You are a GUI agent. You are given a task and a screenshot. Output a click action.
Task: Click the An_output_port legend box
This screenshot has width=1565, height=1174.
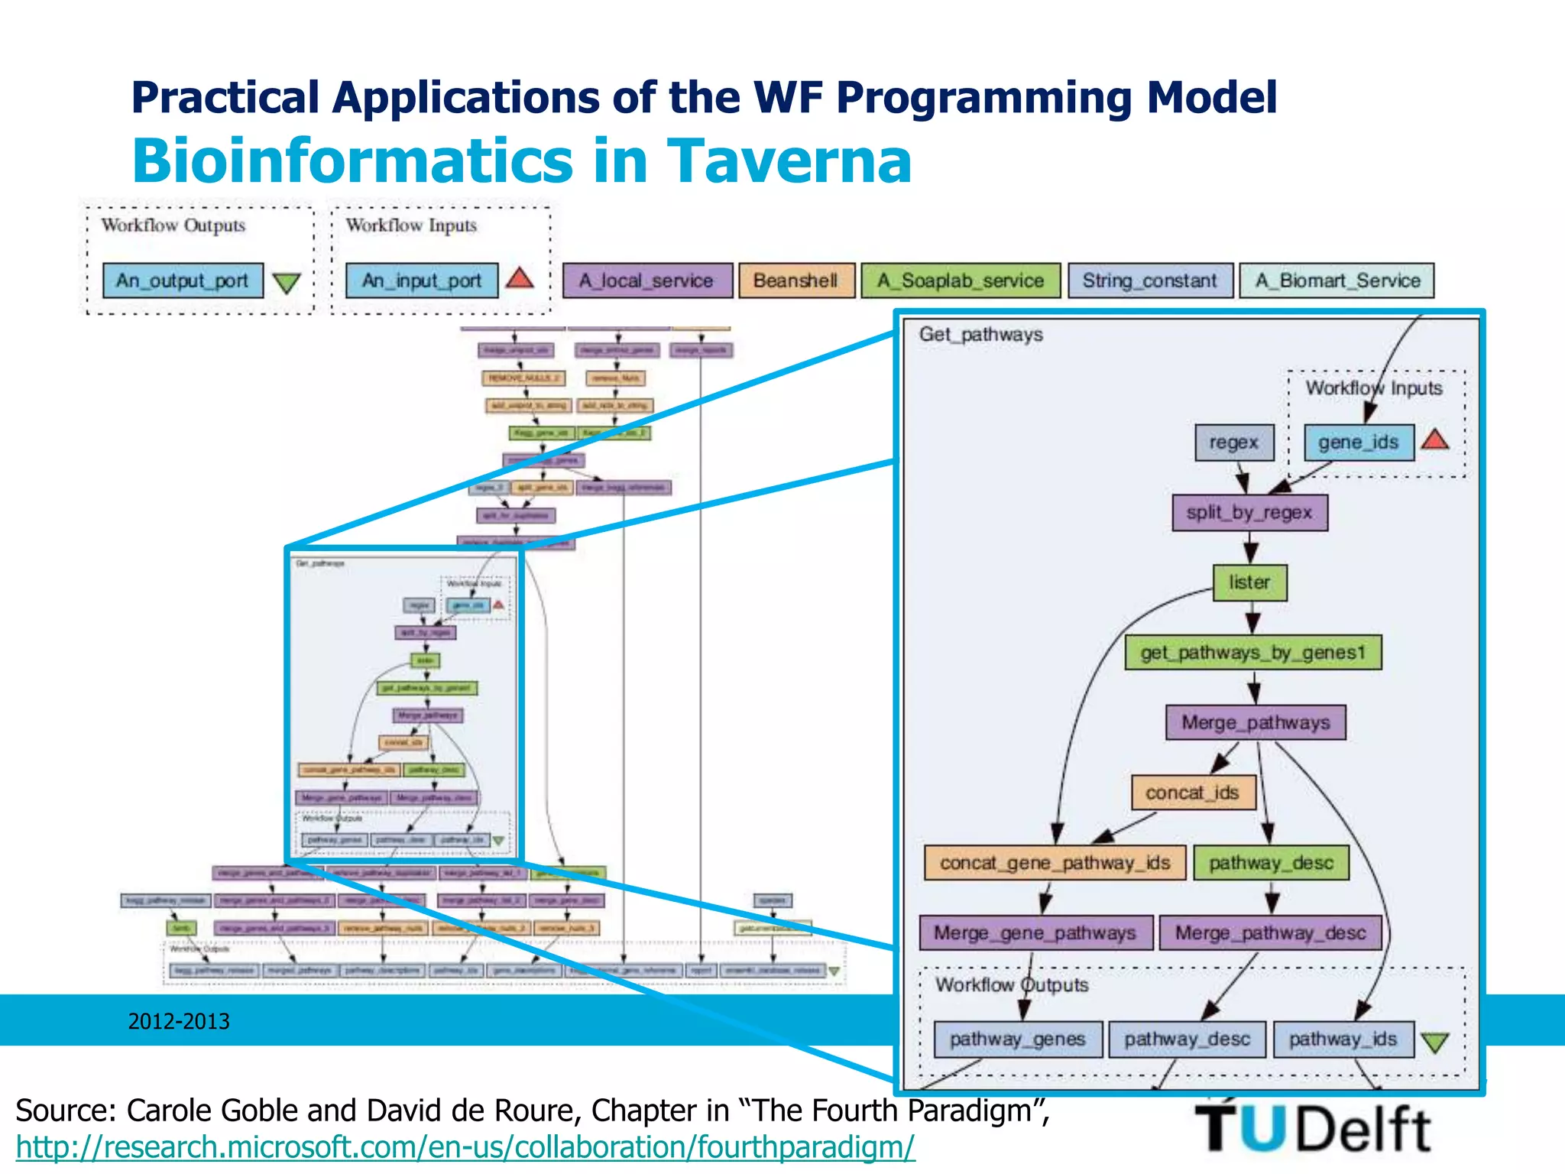pyautogui.click(x=183, y=281)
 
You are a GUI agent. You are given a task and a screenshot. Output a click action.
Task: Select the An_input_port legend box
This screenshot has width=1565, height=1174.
pyautogui.click(x=422, y=281)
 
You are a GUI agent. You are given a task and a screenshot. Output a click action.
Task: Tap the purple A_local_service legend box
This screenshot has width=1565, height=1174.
pyautogui.click(x=646, y=281)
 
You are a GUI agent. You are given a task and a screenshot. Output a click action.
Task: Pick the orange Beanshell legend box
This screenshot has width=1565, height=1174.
pyautogui.click(x=795, y=281)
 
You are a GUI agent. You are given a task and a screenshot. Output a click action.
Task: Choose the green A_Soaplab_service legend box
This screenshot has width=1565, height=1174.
pyautogui.click(x=961, y=281)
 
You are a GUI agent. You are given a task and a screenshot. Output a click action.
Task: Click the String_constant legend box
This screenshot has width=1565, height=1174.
pyautogui.click(x=1150, y=281)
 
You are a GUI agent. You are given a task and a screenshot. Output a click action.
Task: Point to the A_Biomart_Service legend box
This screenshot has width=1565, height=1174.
pyautogui.click(x=1337, y=281)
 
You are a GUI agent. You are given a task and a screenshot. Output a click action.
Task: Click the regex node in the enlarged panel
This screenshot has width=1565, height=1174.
pyautogui.click(x=1234, y=443)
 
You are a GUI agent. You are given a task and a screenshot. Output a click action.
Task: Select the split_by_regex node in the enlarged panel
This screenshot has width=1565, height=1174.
pyautogui.click(x=1249, y=513)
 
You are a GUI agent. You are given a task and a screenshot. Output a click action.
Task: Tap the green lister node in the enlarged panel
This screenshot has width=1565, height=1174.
pyautogui.click(x=1249, y=582)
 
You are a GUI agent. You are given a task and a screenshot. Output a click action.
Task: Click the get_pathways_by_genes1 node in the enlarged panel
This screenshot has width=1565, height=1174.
pyautogui.click(x=1253, y=653)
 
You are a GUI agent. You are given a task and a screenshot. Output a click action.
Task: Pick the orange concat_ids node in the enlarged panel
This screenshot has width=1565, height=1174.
pyautogui.click(x=1193, y=793)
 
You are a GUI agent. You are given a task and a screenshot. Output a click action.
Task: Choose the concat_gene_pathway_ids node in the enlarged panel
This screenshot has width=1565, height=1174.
pyautogui.click(x=1055, y=863)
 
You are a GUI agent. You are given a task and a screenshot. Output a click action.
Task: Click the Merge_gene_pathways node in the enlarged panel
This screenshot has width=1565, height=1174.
pyautogui.click(x=1035, y=933)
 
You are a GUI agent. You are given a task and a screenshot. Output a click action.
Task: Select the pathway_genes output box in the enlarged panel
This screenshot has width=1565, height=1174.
pyautogui.click(x=1018, y=1039)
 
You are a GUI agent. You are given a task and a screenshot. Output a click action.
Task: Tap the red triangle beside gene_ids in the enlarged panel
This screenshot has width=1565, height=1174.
pyautogui.click(x=1435, y=440)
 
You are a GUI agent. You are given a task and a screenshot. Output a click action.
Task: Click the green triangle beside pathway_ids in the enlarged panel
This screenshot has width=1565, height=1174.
pyautogui.click(x=1435, y=1043)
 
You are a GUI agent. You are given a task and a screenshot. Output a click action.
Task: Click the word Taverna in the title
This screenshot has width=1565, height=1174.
pyautogui.click(x=789, y=161)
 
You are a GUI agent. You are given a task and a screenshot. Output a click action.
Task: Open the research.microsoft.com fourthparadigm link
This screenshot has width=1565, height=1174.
pyautogui.click(x=465, y=1147)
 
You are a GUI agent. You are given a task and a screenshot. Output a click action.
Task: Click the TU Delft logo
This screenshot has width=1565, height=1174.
pyautogui.click(x=1312, y=1127)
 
